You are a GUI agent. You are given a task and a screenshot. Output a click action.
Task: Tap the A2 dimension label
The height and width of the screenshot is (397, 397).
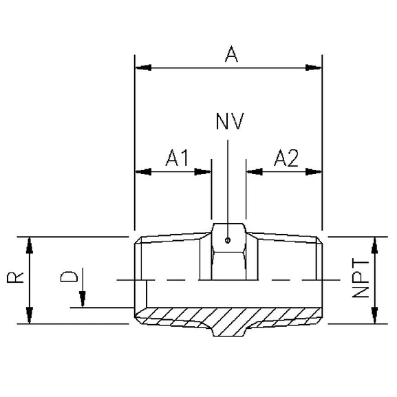coord(286,158)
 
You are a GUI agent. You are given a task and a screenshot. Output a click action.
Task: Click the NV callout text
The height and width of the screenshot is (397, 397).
coord(230,122)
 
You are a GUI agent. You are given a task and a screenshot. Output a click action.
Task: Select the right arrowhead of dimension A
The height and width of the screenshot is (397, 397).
coord(314,67)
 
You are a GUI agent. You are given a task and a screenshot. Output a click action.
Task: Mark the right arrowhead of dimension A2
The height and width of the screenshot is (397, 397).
coord(314,171)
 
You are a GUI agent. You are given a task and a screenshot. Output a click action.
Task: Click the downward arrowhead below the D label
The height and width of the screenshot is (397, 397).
coord(82,300)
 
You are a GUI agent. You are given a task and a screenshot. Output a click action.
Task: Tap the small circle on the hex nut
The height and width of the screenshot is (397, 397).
coord(228,240)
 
